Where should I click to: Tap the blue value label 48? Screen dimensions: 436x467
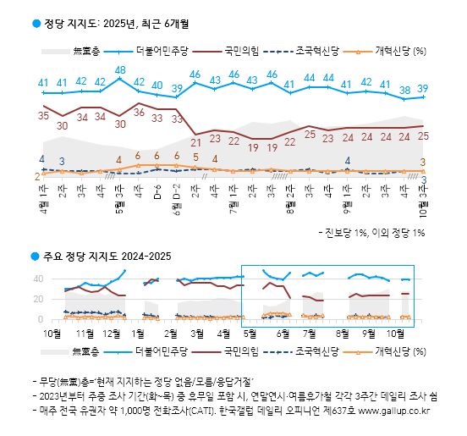(x=120, y=70)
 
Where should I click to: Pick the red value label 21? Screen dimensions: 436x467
(x=195, y=141)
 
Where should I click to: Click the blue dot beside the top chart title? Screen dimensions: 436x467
(x=36, y=24)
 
